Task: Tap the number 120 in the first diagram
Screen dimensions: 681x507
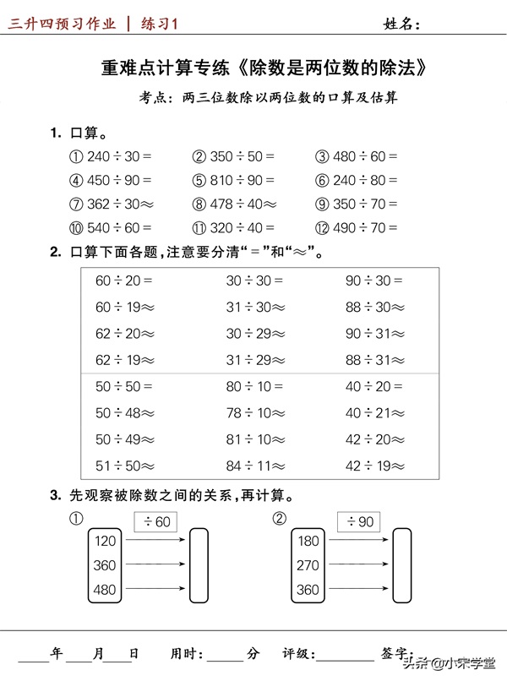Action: pos(105,542)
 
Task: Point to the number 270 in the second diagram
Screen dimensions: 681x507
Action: pos(308,565)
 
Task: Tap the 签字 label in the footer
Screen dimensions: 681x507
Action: pos(399,653)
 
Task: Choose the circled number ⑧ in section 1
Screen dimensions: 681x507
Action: pos(199,204)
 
